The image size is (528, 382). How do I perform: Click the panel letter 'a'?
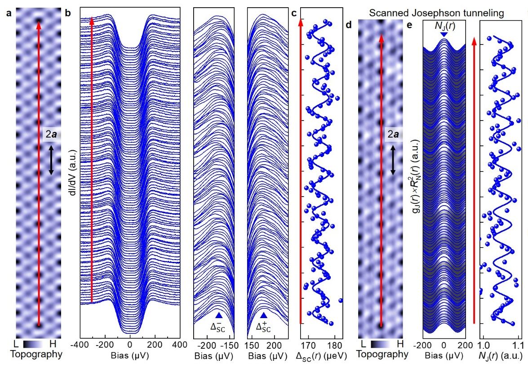point(9,13)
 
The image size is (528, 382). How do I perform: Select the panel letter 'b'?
point(67,13)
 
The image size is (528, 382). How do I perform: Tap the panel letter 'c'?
point(294,13)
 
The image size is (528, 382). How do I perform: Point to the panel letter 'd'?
point(349,24)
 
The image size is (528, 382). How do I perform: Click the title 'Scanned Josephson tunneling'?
point(436,13)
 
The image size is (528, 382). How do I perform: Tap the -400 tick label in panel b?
point(80,345)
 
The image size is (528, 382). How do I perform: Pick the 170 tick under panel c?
point(308,345)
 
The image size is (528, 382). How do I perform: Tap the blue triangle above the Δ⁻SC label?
point(218,315)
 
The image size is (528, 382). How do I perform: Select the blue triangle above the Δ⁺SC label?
point(264,315)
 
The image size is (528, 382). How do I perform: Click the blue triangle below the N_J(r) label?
point(444,35)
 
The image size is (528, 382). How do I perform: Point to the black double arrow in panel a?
point(51,160)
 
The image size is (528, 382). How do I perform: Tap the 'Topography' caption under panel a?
point(36,354)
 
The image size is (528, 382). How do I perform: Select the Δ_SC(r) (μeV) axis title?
point(321,355)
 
